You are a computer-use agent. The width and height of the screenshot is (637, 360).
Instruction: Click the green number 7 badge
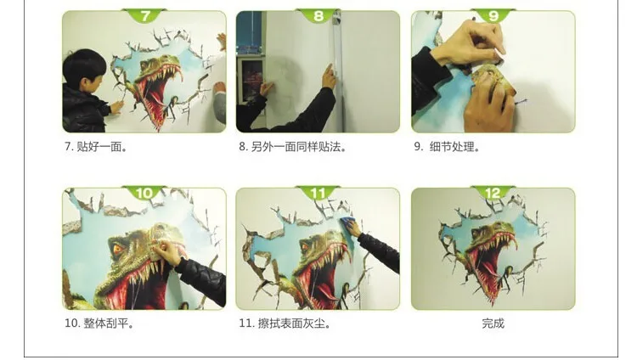[145, 16]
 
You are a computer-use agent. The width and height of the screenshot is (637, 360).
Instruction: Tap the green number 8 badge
[318, 16]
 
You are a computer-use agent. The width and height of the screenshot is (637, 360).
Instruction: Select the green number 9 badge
[493, 16]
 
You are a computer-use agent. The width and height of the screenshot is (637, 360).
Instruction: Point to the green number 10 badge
[144, 193]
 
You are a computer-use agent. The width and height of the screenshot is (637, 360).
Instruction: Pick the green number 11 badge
[318, 193]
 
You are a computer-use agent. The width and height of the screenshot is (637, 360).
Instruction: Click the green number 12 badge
[493, 193]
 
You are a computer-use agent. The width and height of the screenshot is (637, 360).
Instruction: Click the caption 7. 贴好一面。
[96, 147]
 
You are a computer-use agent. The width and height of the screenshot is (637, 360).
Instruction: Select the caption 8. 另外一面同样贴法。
[293, 147]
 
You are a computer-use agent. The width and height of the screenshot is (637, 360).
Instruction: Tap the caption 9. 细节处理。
[448, 147]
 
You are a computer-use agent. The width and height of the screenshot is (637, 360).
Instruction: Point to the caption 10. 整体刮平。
[99, 323]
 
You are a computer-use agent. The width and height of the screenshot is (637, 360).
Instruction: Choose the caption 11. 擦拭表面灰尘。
[285, 323]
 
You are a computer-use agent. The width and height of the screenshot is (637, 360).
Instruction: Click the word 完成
[493, 323]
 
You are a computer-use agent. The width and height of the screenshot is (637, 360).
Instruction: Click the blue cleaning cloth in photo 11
[347, 222]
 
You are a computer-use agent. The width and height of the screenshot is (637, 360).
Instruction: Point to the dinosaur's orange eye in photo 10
[117, 249]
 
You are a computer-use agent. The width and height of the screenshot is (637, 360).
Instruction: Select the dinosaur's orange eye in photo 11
[305, 247]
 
